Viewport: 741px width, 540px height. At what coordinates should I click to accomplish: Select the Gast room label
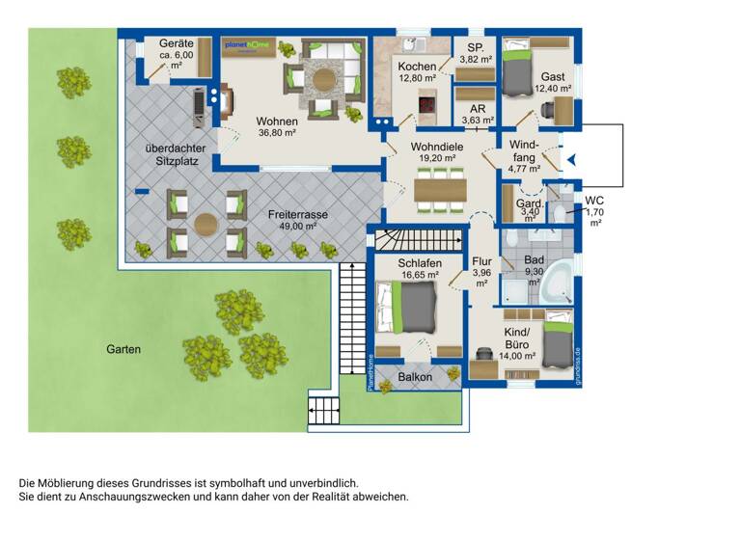(x=553, y=76)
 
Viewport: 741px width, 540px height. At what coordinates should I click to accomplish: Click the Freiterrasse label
(x=297, y=218)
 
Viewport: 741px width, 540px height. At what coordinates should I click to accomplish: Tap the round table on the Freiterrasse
(x=206, y=224)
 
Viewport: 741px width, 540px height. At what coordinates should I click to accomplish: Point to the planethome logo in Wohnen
(x=247, y=46)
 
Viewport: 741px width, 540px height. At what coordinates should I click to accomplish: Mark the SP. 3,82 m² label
(x=475, y=53)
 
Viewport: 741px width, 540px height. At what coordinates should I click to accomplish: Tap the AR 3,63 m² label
(x=476, y=115)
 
